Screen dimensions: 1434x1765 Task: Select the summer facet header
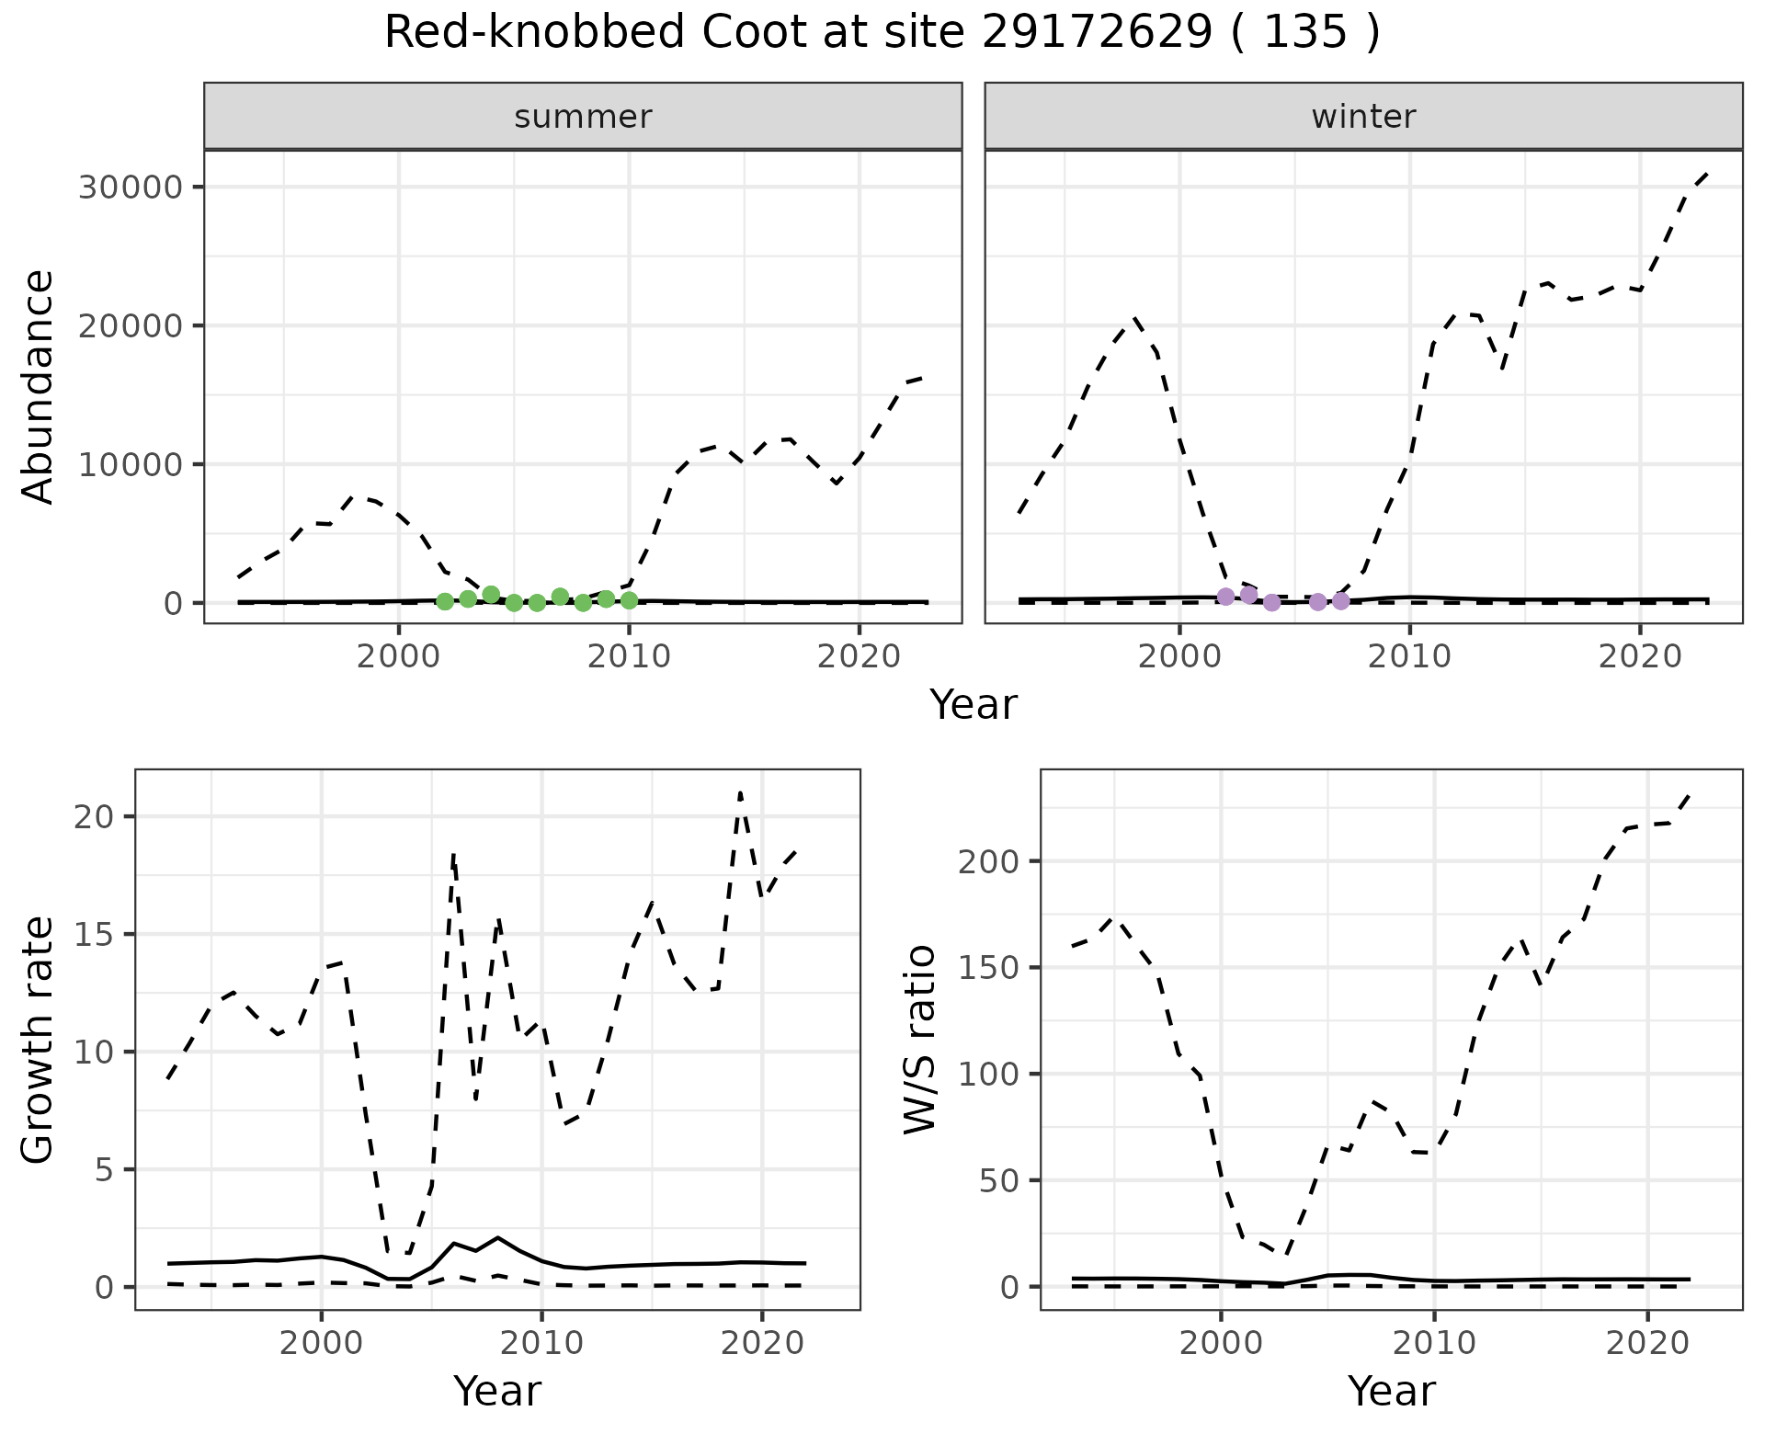pos(583,117)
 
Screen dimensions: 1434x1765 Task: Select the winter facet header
pos(1363,117)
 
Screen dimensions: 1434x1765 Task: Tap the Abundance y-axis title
pos(39,386)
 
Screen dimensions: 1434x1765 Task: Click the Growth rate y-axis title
pos(39,1039)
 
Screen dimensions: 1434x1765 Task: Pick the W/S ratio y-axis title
pos(919,1039)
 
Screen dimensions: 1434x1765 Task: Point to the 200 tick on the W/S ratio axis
pos(987,862)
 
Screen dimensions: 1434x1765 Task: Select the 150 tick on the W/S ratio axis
pos(987,968)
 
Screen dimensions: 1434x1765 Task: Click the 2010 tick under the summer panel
pos(629,656)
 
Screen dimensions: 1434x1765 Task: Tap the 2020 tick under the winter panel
pos(1640,656)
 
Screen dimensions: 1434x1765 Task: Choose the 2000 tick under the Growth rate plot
pos(321,1343)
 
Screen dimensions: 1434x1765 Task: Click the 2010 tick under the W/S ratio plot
pos(1434,1343)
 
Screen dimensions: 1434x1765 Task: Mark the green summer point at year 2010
pos(629,600)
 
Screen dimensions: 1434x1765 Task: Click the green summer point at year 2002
pos(445,601)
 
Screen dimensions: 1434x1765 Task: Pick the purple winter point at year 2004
pos(1271,602)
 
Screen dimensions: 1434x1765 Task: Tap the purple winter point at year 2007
pos(1340,601)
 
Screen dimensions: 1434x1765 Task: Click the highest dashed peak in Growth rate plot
pos(740,792)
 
